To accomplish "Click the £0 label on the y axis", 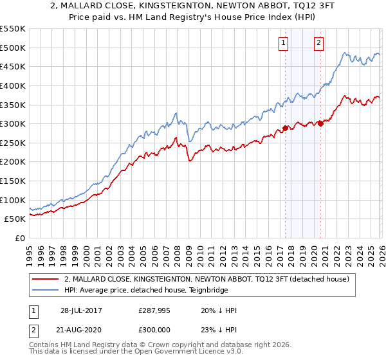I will click(19, 238).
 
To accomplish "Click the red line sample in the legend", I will click(46, 279).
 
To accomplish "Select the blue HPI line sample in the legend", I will click(46, 291).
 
